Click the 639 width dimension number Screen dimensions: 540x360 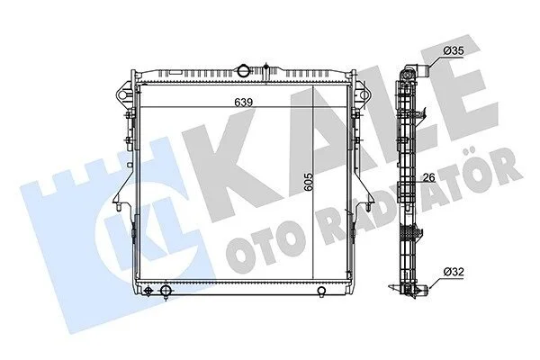244,103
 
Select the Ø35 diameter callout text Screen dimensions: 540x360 454,51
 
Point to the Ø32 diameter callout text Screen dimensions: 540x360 454,272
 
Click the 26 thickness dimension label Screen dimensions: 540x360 428,178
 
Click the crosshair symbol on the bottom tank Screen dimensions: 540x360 148,291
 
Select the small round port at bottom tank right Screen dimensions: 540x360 321,291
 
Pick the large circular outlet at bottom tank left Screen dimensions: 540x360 166,291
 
